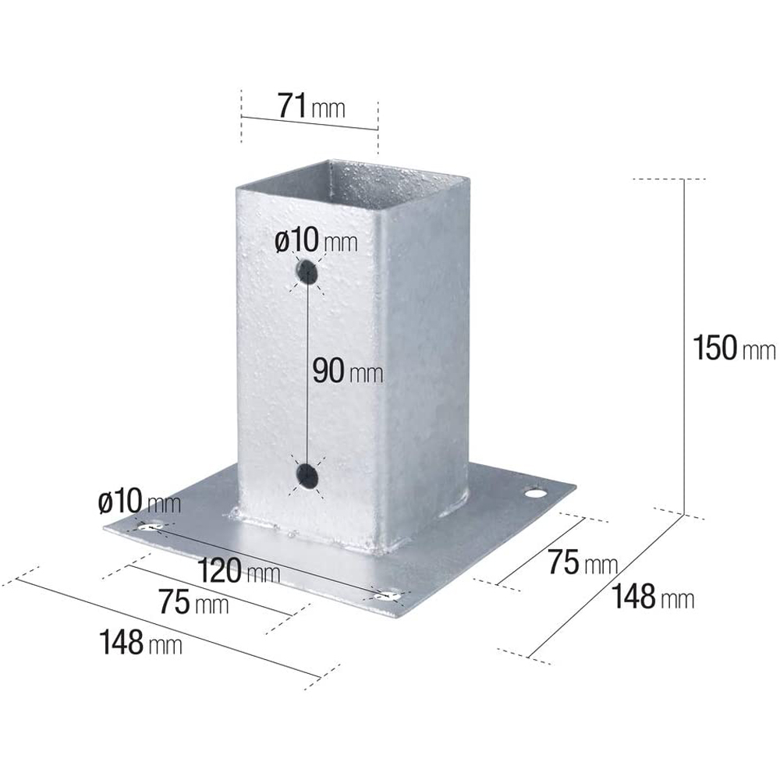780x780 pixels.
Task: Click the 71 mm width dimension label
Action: point(311,106)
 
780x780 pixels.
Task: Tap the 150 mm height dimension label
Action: point(734,347)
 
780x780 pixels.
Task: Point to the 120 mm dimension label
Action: point(239,570)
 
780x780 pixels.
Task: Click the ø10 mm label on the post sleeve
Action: point(316,240)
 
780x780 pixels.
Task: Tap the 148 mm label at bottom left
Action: point(140,642)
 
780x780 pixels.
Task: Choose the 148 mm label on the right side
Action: point(653,597)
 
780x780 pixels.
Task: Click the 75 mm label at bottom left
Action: point(193,601)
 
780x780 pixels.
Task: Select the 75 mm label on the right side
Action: point(583,562)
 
